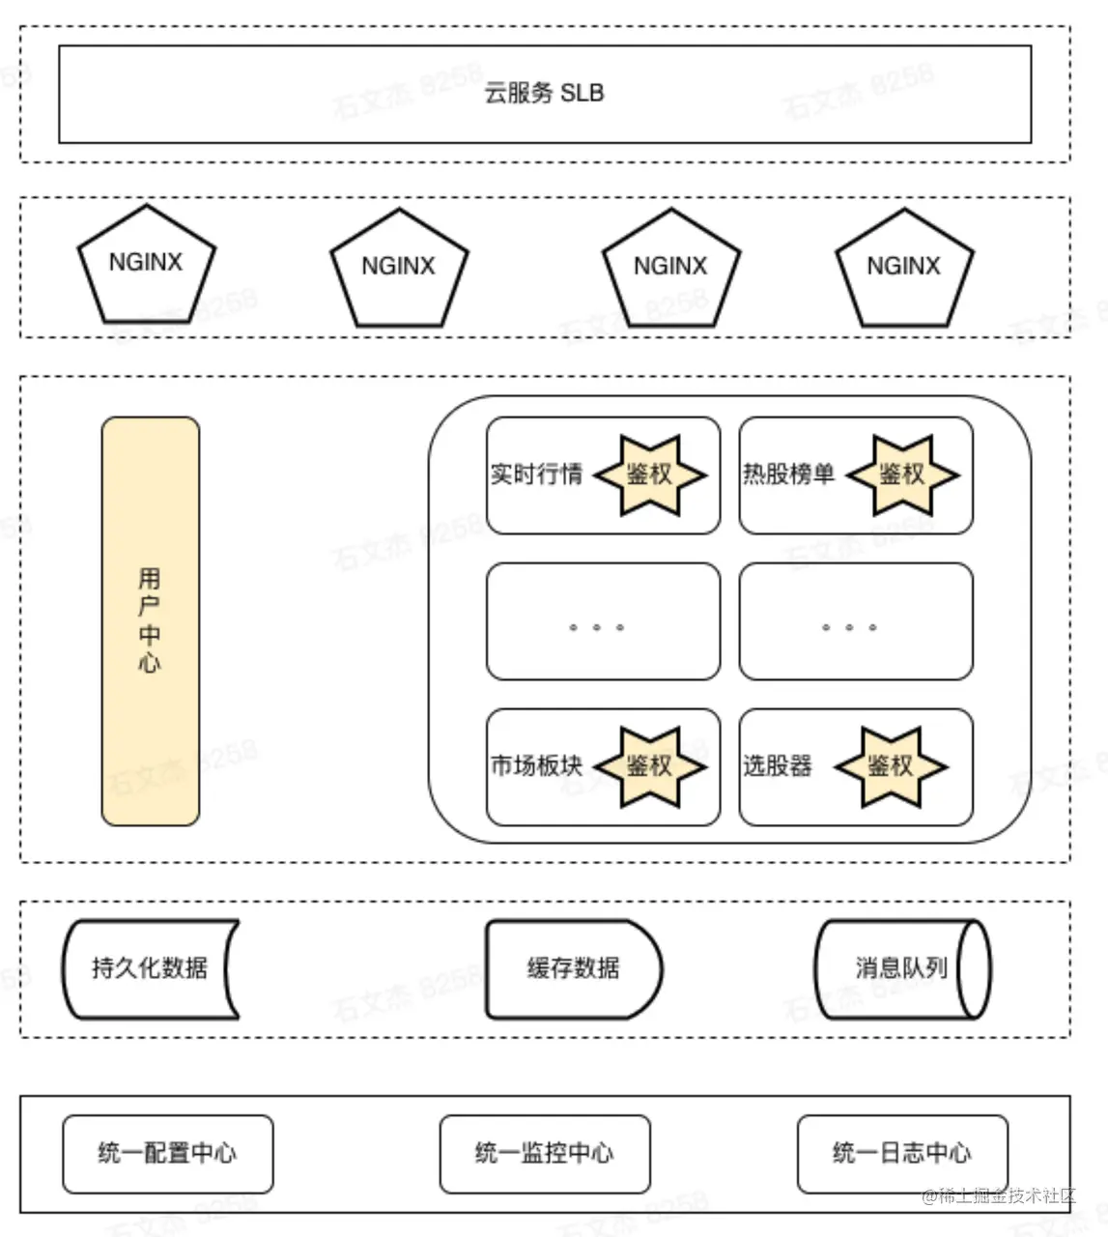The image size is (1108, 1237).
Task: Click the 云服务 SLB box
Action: tap(544, 94)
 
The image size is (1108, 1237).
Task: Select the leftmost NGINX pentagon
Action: tap(146, 266)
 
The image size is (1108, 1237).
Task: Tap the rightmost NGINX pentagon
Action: tap(903, 269)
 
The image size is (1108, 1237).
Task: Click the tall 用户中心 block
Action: tap(151, 620)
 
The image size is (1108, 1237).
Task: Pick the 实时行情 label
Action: tap(536, 475)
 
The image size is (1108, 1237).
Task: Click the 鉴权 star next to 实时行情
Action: tap(649, 475)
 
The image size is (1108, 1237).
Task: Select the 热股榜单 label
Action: tap(788, 475)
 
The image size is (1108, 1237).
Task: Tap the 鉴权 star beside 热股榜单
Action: tap(901, 475)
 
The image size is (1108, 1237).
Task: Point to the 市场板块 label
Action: tap(536, 766)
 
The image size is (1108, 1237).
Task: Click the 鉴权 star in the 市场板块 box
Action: tap(649, 766)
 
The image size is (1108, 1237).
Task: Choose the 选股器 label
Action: tap(778, 766)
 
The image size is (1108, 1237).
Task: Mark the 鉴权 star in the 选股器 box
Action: tap(890, 766)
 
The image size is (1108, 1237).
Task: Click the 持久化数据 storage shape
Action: tap(150, 968)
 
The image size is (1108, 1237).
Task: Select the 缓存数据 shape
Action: tap(573, 968)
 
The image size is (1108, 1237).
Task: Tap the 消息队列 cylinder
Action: tap(901, 968)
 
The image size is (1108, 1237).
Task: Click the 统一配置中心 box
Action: tap(167, 1154)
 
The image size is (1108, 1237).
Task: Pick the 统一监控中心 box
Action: tap(544, 1154)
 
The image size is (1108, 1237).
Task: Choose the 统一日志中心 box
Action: tap(901, 1154)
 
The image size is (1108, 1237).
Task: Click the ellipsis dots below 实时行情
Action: tap(596, 627)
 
